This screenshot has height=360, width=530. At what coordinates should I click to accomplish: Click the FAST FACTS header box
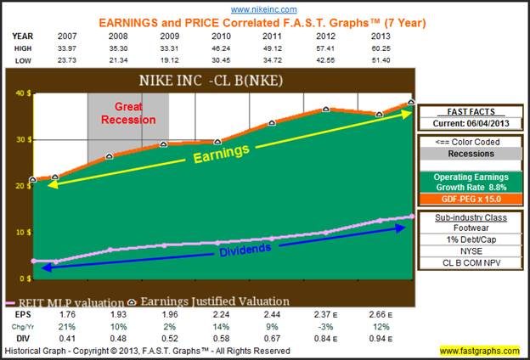(x=470, y=111)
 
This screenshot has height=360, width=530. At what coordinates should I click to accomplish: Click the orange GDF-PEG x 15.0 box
(x=470, y=200)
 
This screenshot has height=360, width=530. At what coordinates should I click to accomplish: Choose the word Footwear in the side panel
(x=470, y=229)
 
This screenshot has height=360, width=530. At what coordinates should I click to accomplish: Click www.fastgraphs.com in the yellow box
(x=480, y=351)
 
